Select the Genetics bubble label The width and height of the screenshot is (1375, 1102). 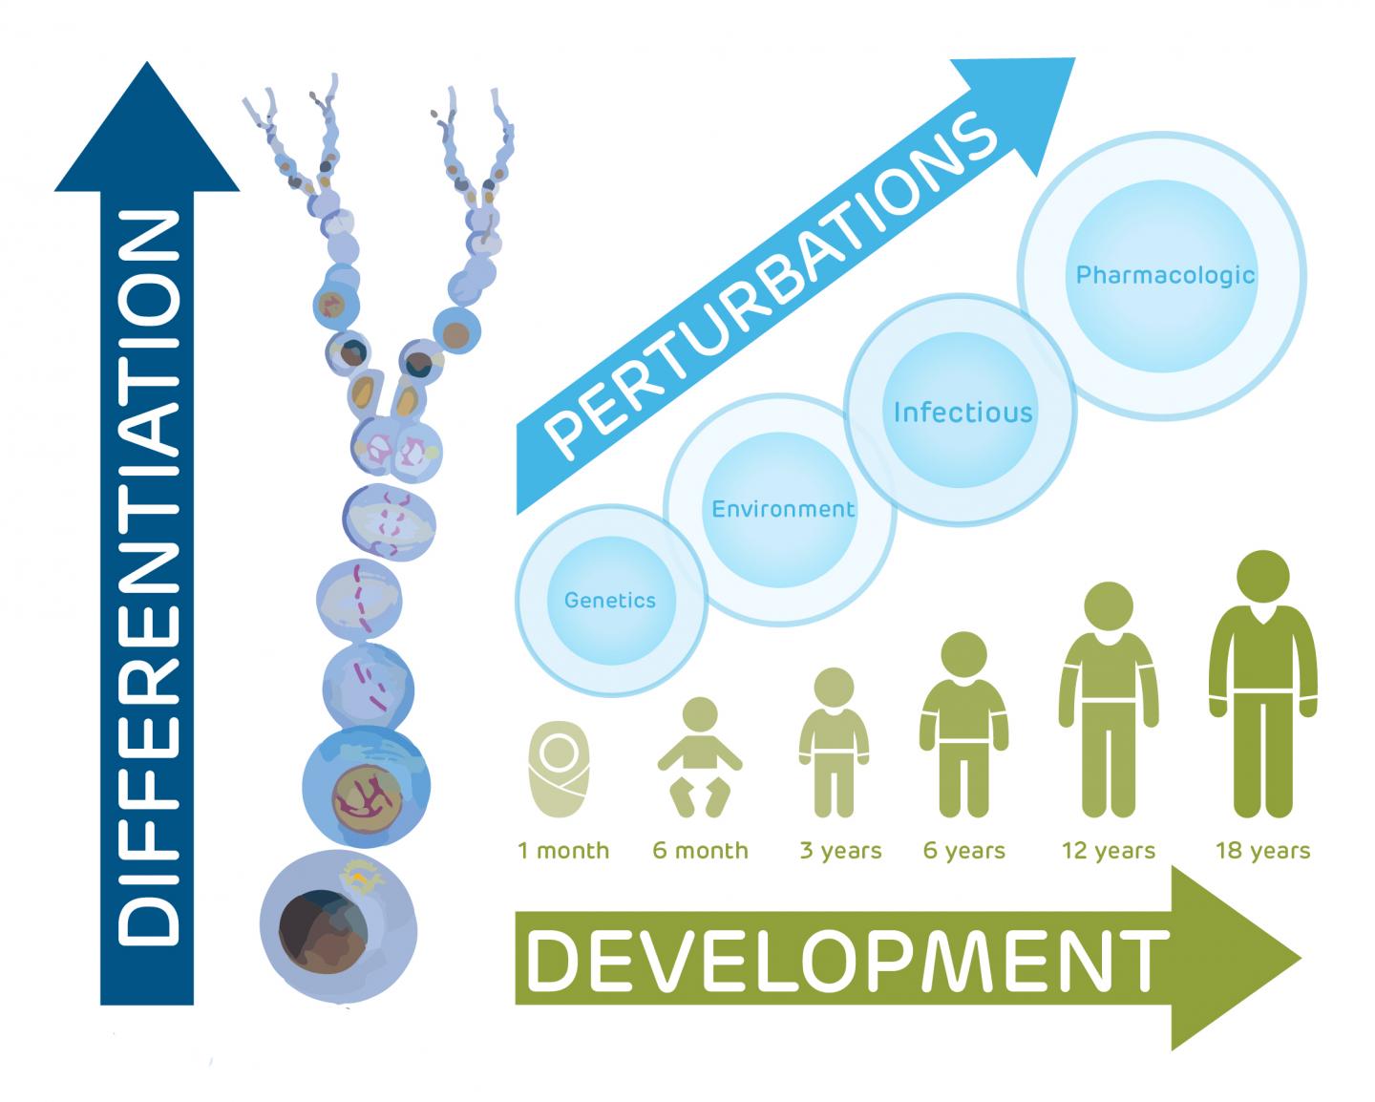coord(610,601)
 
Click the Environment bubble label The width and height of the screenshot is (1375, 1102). coord(783,509)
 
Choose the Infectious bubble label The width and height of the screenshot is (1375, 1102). coord(962,412)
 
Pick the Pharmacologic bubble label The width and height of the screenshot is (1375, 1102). coord(1165,275)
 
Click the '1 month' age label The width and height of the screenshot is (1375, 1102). coord(563,850)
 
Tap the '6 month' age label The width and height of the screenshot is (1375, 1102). coord(700,850)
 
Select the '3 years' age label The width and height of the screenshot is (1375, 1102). coord(840,850)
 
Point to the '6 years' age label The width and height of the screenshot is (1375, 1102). coord(964,850)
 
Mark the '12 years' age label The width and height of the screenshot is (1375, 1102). coord(1109,850)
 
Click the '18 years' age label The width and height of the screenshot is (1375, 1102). coord(1262,850)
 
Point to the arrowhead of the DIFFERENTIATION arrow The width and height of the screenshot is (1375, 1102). coord(147,124)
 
